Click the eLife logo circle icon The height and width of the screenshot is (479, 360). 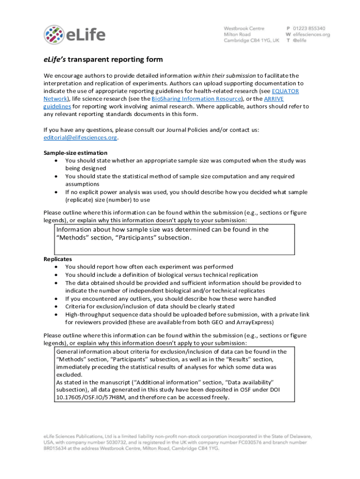coord(54,35)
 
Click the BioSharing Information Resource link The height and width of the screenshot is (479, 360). coord(196,99)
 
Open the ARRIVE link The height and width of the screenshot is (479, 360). coord(274,99)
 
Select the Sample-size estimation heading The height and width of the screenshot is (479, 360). coord(76,153)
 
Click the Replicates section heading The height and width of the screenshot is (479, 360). coord(58,259)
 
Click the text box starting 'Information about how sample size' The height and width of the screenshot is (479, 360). coord(173,239)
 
